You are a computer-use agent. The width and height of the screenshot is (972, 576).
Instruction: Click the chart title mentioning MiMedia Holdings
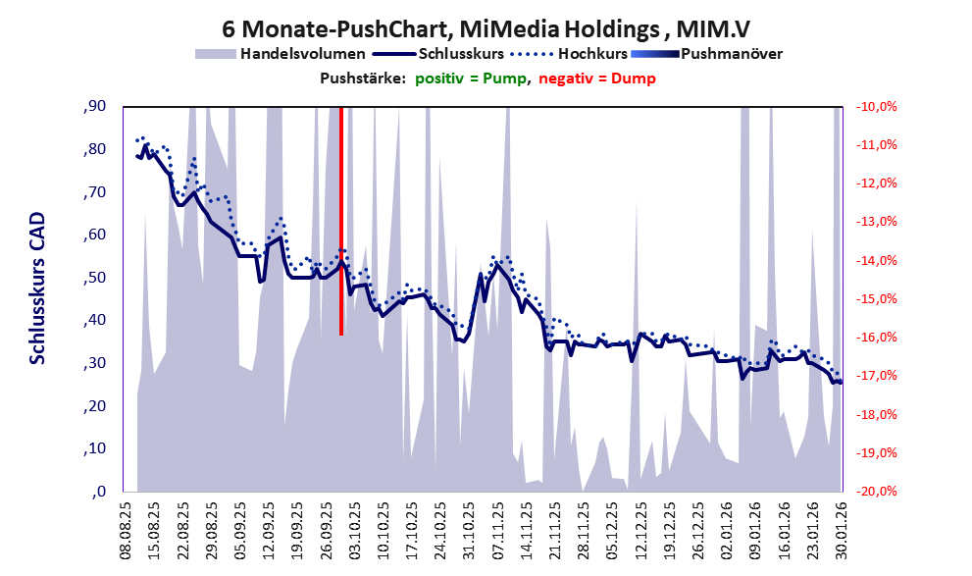pyautogui.click(x=487, y=26)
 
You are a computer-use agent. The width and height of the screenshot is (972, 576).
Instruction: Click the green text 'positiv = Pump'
pyautogui.click(x=470, y=79)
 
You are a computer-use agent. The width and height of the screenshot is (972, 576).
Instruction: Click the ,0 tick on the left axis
pyautogui.click(x=97, y=492)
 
